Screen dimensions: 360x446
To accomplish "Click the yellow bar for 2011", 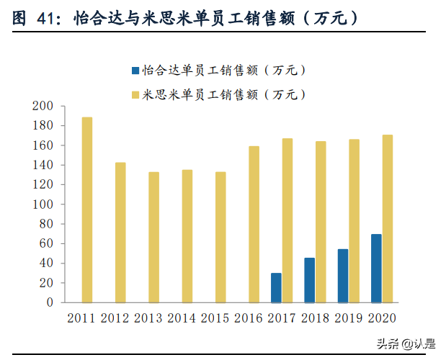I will [87, 210].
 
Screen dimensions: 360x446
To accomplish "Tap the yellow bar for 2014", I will [187, 236].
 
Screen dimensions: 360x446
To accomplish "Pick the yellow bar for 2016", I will [254, 224].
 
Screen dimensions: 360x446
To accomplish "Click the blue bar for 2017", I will [276, 288].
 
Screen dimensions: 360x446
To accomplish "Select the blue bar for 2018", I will [309, 280].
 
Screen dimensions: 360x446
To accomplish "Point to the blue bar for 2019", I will [343, 276].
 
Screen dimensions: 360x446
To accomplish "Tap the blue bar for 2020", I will [376, 269].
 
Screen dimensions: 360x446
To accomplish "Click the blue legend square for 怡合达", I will [135, 71].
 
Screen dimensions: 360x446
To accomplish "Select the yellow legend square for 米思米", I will [135, 94].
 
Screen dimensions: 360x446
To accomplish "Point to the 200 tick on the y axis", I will [43, 106].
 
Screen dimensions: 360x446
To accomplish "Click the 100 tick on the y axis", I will [43, 204].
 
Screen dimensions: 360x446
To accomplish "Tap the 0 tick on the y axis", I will [50, 303].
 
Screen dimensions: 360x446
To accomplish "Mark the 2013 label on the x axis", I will [148, 318].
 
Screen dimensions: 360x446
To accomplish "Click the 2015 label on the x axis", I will [215, 318].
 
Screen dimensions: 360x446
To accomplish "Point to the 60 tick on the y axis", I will [46, 244].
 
